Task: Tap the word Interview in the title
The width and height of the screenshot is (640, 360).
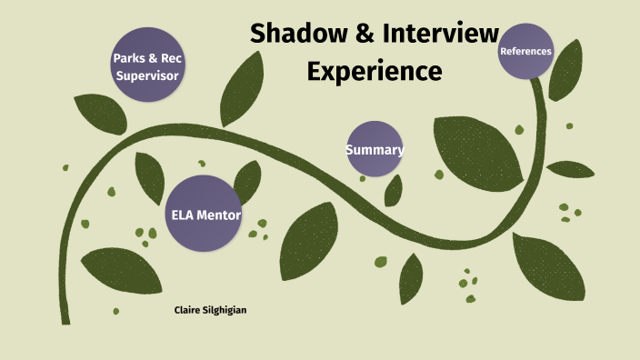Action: tap(440, 34)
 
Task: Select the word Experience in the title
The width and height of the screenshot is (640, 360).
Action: tap(375, 69)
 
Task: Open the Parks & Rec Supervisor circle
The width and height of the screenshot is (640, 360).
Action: tap(146, 66)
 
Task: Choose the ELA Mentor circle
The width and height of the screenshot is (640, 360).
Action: tap(205, 215)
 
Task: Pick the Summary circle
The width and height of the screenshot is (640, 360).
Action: tap(375, 149)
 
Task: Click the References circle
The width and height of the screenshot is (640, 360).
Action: tap(526, 51)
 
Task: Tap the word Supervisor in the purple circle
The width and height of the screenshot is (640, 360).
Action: tap(146, 75)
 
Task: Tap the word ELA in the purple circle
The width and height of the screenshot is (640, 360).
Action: tap(184, 215)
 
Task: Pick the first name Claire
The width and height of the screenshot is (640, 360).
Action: tap(189, 311)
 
